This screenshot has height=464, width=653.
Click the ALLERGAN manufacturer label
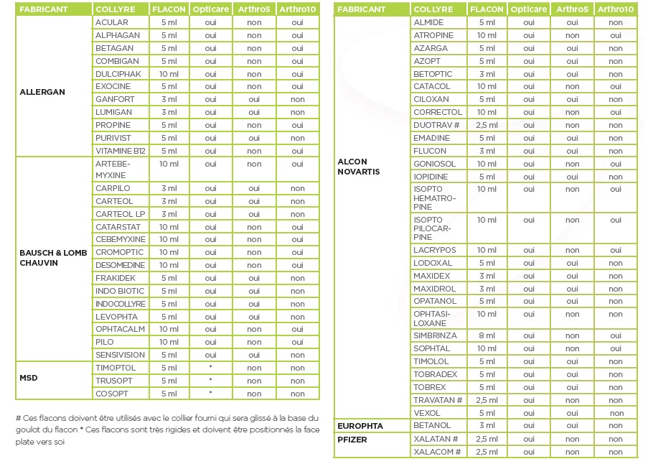[x=42, y=92]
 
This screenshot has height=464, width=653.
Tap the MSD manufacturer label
[x=29, y=378]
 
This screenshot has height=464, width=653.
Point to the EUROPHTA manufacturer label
[x=360, y=426]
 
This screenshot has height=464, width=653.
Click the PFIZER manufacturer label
[x=352, y=439]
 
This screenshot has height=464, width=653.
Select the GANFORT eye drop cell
[x=115, y=99]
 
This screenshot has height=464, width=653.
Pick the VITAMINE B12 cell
[x=120, y=151]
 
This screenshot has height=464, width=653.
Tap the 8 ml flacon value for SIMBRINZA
[x=487, y=335]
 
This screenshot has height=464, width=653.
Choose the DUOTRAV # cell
[x=438, y=125]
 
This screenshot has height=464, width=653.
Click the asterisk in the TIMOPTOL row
[x=210, y=368]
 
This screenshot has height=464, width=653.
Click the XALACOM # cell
[x=437, y=452]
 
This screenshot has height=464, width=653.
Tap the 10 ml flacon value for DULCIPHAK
[x=169, y=74]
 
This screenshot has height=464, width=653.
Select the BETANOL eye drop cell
[x=432, y=426]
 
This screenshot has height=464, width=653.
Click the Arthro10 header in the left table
[x=297, y=9]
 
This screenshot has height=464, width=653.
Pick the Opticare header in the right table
[x=529, y=9]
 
